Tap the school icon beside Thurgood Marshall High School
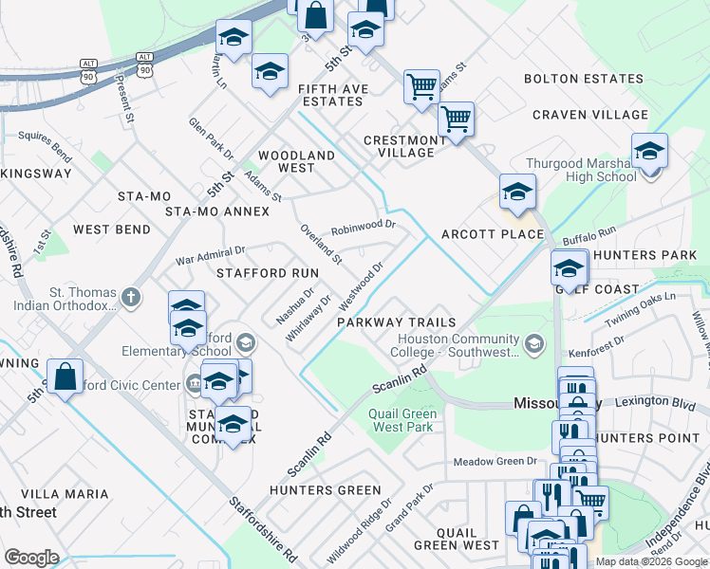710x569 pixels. pos(649,152)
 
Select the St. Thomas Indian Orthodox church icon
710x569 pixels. pos(131,299)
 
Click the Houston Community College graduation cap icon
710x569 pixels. pos(533,341)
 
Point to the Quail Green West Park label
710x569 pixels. pos(402,420)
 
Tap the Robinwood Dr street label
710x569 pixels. pos(363,228)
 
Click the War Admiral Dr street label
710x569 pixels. pos(211,255)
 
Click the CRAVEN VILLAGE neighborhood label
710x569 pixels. pos(590,115)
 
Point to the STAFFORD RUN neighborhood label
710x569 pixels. pos(267,272)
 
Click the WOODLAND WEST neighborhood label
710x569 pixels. pos(296,161)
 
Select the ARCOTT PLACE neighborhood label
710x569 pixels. pos(493,234)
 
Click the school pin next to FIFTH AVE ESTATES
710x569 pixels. pos(270,72)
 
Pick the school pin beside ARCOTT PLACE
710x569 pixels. pos(517,193)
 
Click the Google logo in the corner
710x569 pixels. pos(32,558)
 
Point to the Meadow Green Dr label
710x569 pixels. pos(495,462)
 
